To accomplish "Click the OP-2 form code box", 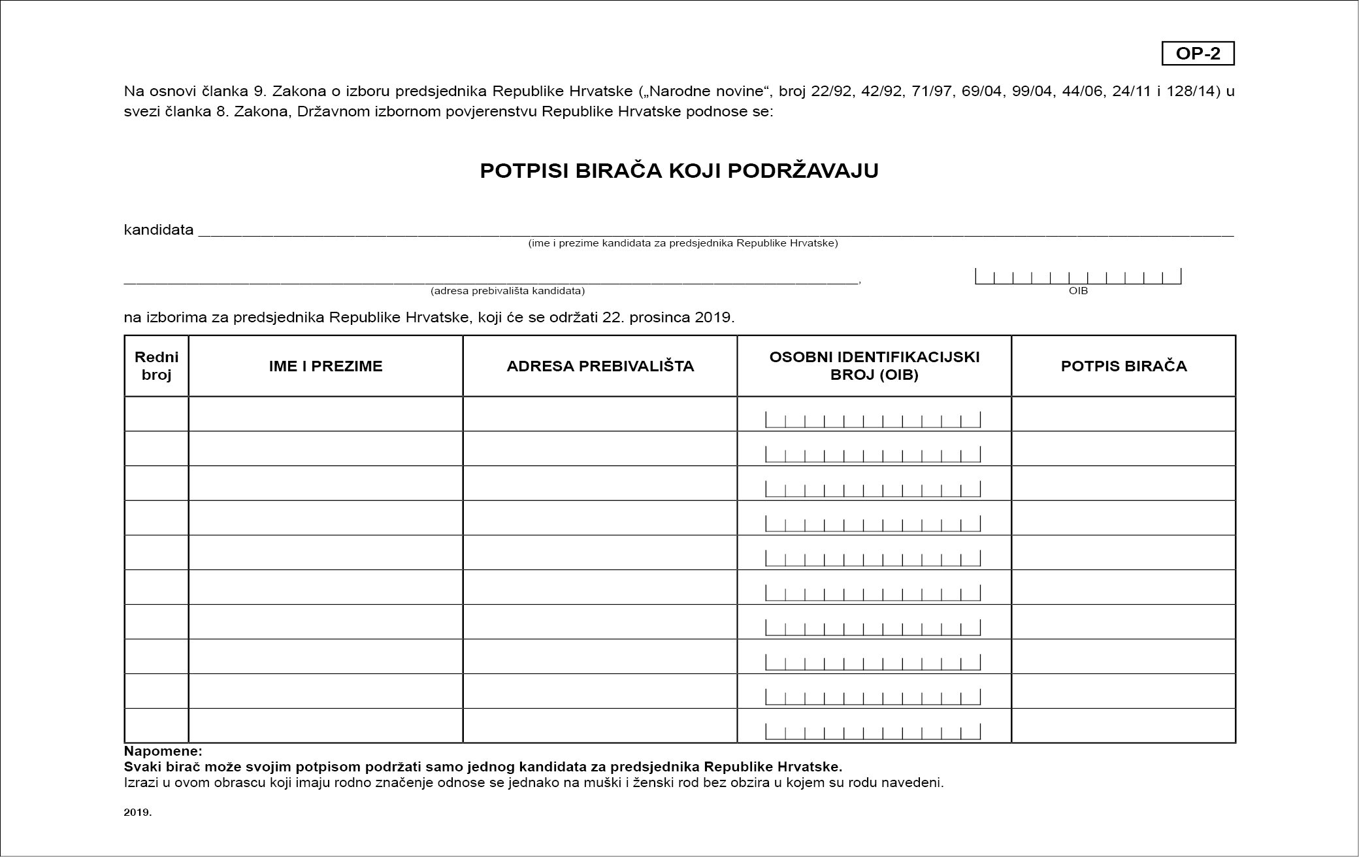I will pos(1198,54).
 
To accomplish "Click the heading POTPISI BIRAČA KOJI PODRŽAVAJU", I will pos(679,171).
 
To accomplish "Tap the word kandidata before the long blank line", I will pos(159,229).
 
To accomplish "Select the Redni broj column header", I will pos(156,366).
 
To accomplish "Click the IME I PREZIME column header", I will pos(325,366).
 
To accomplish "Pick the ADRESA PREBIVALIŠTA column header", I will pos(600,366).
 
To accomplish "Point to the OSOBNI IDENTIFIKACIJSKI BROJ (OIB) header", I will pos(874,366).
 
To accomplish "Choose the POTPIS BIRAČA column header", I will pos(1123,366).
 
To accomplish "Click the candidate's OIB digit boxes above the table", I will pos(1078,277).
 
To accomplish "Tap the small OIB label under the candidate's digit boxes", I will pos(1078,291).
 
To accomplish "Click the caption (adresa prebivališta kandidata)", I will pos(507,291).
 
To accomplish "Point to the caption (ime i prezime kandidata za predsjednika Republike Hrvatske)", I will pos(683,243).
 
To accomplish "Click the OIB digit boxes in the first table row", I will pos(873,420).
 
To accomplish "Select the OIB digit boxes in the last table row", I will pos(873,731).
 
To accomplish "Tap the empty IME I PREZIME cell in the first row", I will pos(325,414).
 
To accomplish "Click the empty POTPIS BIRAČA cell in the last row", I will pos(1123,726).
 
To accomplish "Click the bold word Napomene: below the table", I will pos(163,751).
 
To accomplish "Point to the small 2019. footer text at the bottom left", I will pos(137,813).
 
